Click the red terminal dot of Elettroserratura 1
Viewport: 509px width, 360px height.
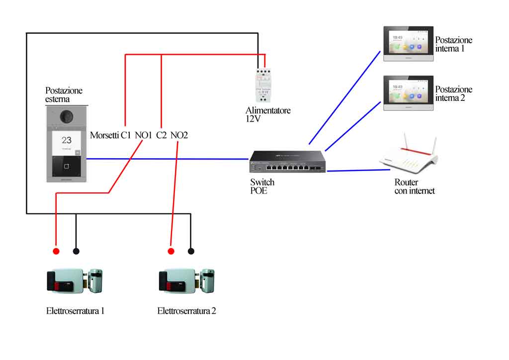tap(56, 251)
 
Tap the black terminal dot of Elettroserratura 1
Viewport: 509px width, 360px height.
tap(76, 251)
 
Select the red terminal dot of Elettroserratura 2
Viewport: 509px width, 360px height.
tap(171, 251)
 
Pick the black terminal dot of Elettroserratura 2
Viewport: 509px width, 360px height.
tap(191, 251)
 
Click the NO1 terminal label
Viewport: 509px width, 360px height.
tap(143, 135)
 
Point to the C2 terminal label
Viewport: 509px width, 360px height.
tap(162, 135)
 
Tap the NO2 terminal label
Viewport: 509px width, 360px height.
tap(179, 135)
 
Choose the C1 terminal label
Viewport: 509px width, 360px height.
tap(126, 135)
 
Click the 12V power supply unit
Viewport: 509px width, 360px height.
tap(263, 86)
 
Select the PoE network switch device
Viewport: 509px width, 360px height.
tap(287, 161)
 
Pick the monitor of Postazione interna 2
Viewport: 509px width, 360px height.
tap(409, 93)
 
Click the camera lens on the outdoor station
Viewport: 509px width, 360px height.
tap(67, 116)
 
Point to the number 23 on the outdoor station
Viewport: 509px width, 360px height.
tap(67, 140)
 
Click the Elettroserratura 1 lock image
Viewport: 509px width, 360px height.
tap(75, 281)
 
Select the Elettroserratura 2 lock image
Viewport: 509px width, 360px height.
tap(187, 281)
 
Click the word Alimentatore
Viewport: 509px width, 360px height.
tap(268, 110)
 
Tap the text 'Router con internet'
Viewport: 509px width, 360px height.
tap(415, 186)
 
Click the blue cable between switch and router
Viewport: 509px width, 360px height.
tap(358, 170)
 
